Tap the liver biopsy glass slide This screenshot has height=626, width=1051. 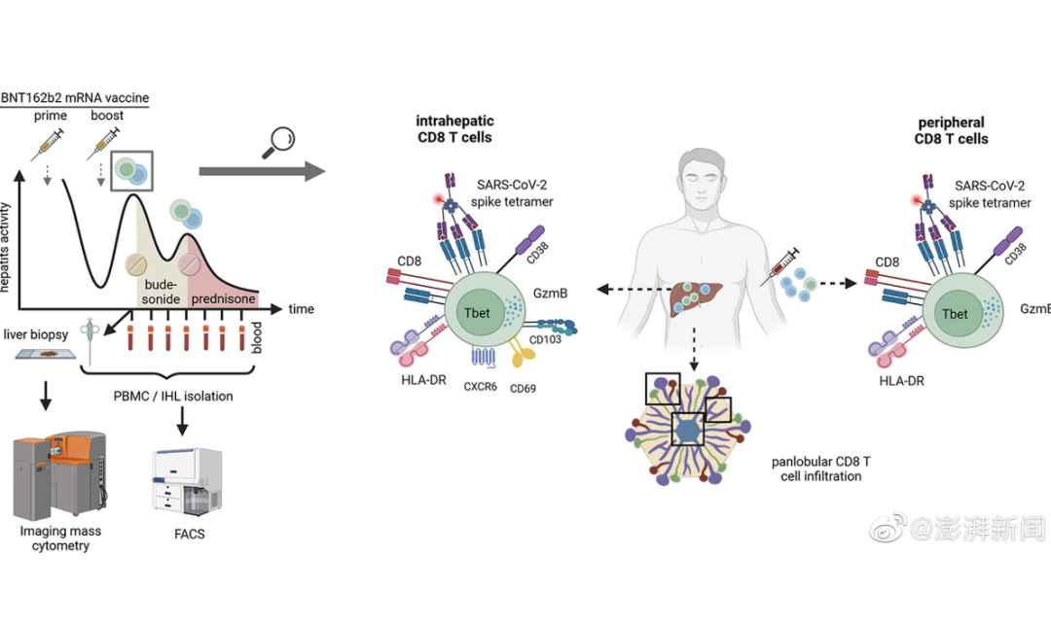48,361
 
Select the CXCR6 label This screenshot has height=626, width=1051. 481,386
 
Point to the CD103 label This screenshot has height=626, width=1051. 546,341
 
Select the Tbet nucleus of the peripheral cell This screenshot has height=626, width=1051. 955,313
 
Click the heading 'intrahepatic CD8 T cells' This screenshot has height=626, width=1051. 454,129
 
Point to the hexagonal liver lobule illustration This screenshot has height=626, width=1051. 689,429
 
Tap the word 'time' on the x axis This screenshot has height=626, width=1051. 302,309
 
